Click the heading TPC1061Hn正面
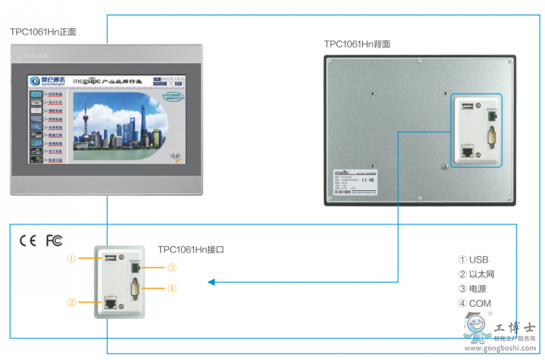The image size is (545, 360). click(x=43, y=32)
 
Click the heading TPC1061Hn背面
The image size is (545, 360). click(x=357, y=44)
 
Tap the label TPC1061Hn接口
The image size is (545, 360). click(x=191, y=249)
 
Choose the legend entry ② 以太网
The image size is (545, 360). click(x=477, y=275)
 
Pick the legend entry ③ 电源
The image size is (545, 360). click(x=472, y=289)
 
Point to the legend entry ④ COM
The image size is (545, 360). click(x=475, y=304)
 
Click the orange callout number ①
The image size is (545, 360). click(x=71, y=259)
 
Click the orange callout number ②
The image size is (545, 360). click(x=71, y=301)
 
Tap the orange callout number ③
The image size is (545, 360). click(x=172, y=267)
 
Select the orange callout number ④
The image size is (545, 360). click(x=172, y=288)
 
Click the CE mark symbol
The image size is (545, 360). click(x=28, y=241)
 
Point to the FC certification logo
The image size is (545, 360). click(x=54, y=241)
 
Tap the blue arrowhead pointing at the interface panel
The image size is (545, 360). click(x=211, y=282)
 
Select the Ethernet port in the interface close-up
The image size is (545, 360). click(x=110, y=301)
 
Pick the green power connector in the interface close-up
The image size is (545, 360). click(x=134, y=268)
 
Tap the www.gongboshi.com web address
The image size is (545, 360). click(x=500, y=348)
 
